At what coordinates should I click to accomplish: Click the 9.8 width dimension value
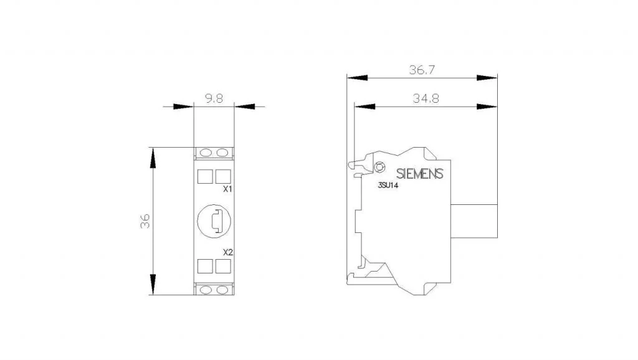214,98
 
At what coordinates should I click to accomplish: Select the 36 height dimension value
145,221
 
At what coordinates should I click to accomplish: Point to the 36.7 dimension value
422,70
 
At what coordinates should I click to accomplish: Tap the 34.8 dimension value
426,98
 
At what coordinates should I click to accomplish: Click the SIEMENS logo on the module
419,174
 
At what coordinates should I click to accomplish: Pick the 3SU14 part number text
388,186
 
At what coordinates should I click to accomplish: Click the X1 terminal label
228,189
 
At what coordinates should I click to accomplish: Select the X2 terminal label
228,252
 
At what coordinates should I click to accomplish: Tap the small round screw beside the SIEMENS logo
379,167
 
